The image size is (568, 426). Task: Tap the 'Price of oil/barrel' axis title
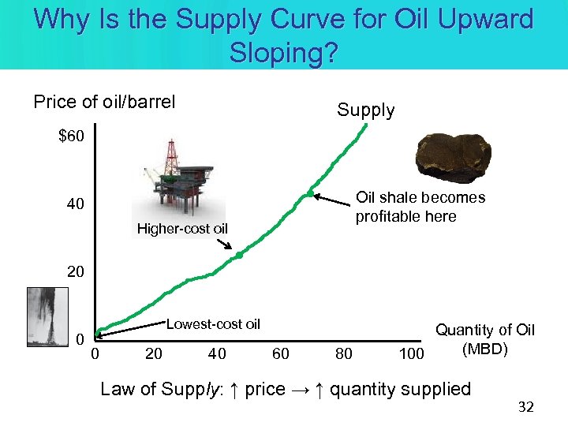[x=104, y=103]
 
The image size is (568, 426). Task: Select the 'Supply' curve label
[x=365, y=110]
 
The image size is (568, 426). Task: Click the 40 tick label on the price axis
[x=75, y=205]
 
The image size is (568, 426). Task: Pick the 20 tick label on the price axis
[x=75, y=271]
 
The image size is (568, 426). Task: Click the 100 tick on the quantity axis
[x=411, y=353]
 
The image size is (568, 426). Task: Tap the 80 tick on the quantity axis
[x=344, y=353]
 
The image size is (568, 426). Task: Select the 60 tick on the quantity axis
[x=281, y=353]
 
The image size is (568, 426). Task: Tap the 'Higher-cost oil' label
[x=182, y=230]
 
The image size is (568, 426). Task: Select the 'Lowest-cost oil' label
[x=212, y=323]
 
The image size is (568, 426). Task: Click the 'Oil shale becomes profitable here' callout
[x=420, y=207]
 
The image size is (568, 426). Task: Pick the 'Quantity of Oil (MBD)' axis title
[x=485, y=339]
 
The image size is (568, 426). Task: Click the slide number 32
[x=525, y=407]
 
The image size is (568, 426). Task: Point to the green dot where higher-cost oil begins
[x=239, y=255]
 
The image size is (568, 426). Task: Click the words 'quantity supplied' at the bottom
[x=400, y=389]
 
